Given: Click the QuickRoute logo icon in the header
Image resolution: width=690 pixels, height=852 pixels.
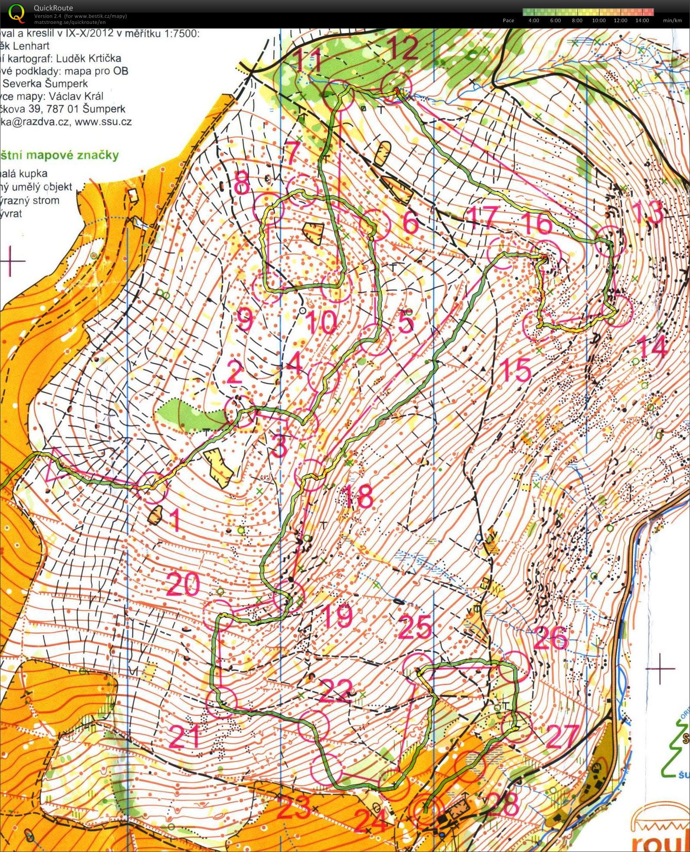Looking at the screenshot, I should pos(16,13).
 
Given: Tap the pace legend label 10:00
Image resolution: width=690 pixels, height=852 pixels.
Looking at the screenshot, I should pos(599,20).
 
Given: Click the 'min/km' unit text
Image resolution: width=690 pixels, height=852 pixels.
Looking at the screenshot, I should pos(672,20).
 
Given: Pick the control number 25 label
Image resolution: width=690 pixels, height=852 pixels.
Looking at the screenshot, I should pos(415,627).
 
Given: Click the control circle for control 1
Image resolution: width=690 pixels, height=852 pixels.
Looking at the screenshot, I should pos(152,488).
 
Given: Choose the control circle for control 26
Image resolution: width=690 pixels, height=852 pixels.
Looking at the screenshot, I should pos(514,667).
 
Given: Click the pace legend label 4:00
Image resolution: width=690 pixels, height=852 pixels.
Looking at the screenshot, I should pos(534,20).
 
